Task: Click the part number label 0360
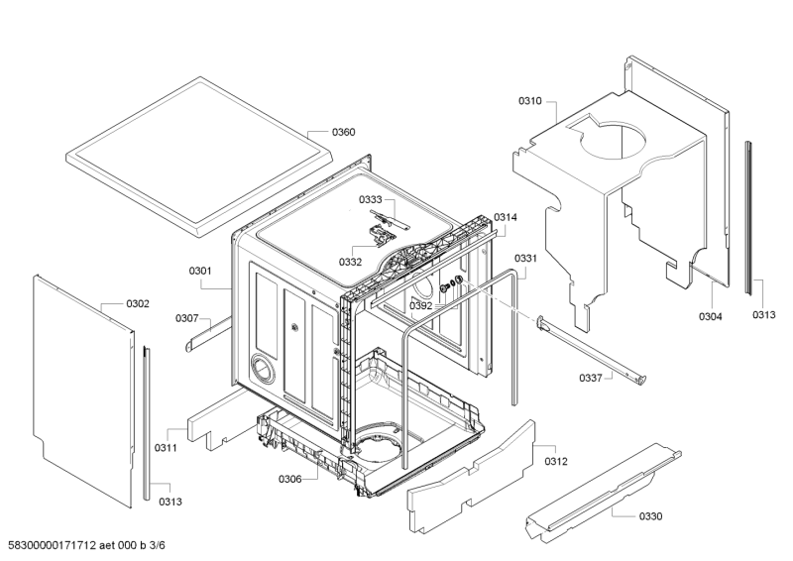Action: [343, 132]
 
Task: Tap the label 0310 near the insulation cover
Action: [529, 101]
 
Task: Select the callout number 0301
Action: [200, 272]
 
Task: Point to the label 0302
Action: [138, 303]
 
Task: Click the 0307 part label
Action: [187, 318]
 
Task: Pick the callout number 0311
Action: [166, 448]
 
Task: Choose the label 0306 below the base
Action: [289, 479]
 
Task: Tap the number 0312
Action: [556, 461]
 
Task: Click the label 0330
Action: [650, 516]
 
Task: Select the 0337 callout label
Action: [591, 378]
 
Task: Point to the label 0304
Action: [711, 316]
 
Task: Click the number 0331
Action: [526, 259]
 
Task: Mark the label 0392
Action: [420, 305]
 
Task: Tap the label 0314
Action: [506, 217]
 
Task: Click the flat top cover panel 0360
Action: [200, 157]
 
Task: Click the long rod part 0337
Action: [592, 348]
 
